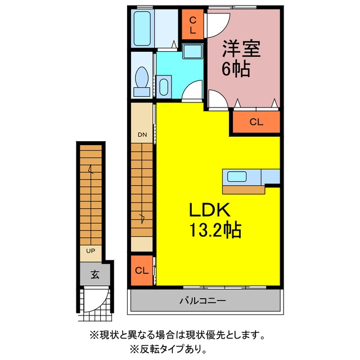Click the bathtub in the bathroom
142,29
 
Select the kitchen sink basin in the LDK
237,177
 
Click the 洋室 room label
241,49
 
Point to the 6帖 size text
236,69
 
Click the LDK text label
210,210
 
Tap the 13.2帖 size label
215,229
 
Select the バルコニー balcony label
202,300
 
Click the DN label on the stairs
142,134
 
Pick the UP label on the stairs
91,251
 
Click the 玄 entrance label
95,274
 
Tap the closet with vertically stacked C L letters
193,24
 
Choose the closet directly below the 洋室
256,122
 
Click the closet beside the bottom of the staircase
142,271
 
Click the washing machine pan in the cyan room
193,51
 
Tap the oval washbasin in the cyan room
164,87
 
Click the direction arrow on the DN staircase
142,218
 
